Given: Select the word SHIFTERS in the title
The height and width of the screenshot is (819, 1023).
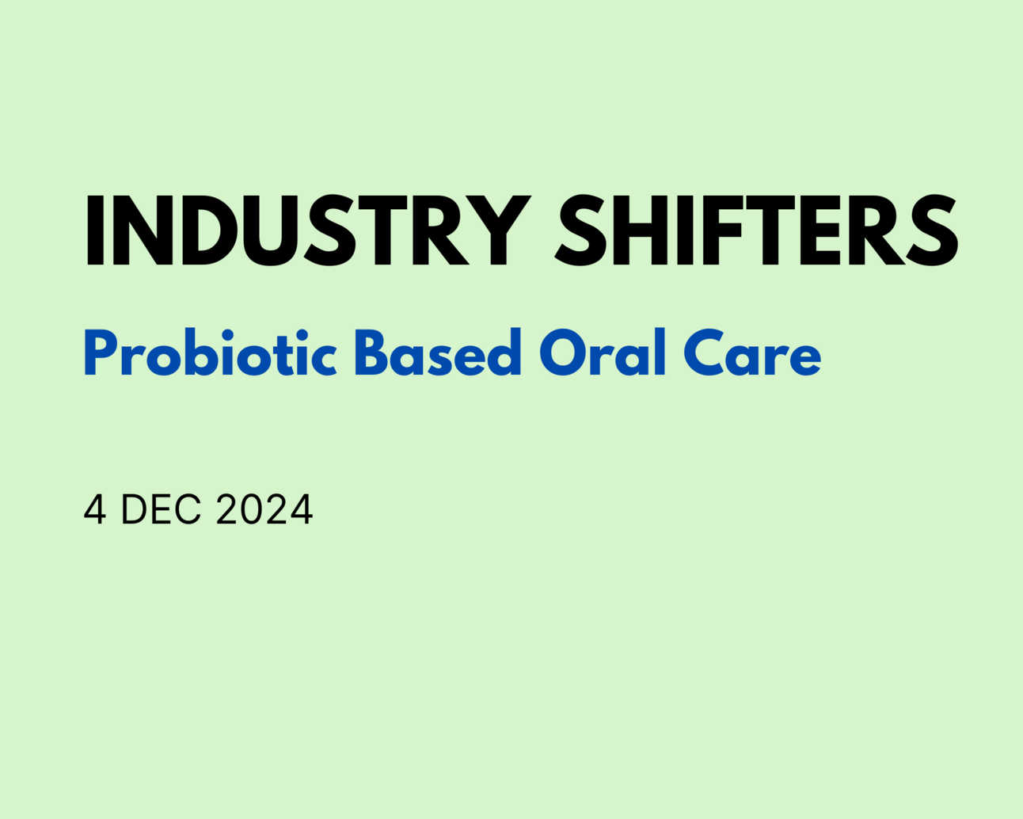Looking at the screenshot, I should (756, 230).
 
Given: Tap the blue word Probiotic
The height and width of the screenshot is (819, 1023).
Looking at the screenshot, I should (211, 354).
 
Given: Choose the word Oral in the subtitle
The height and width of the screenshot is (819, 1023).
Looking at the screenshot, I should (603, 353).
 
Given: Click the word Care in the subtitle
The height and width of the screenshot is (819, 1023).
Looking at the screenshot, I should (752, 354).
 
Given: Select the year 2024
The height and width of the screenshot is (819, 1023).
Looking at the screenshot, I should (264, 509).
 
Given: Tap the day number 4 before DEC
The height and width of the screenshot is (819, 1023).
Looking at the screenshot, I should (94, 509).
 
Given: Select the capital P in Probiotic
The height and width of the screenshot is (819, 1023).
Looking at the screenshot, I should (101, 353).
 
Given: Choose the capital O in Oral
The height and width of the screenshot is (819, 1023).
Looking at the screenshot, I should (563, 353).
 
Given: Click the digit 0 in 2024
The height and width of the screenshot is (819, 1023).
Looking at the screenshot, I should (252, 509).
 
